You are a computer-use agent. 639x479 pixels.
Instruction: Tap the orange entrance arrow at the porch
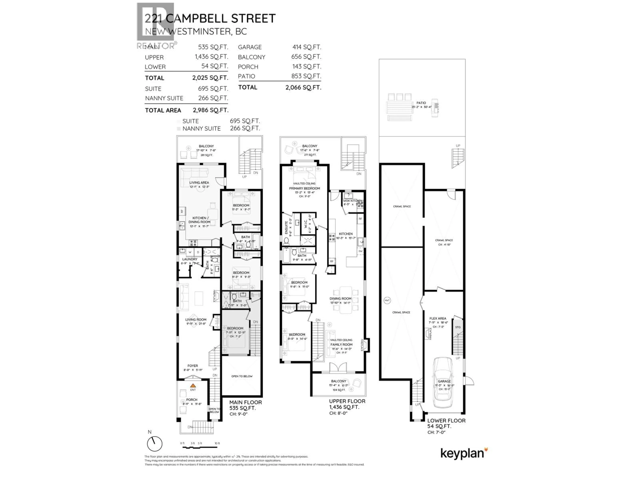click(193, 386)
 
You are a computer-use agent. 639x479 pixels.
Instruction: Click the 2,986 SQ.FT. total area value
click(211, 110)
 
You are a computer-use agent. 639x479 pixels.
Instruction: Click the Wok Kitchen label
click(351, 201)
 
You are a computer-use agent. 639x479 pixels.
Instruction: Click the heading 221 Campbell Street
click(210, 18)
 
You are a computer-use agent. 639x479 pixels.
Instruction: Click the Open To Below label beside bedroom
click(242, 376)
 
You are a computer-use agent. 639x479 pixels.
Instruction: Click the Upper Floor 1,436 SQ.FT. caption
click(347, 404)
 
